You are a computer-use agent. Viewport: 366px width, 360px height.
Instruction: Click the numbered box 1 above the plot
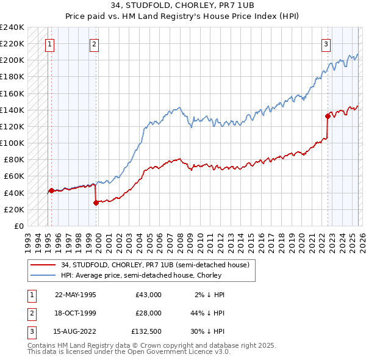tap(49, 43)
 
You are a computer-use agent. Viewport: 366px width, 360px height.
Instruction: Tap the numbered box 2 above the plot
tap(95, 43)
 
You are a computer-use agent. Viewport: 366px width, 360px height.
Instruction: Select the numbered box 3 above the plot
tap(326, 43)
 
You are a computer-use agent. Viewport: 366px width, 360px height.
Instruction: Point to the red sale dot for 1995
tap(51, 190)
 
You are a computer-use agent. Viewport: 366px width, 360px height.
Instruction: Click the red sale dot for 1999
tap(96, 203)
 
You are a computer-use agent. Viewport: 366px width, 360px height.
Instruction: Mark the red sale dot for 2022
tap(328, 116)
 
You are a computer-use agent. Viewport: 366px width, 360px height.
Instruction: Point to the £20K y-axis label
tap(14, 209)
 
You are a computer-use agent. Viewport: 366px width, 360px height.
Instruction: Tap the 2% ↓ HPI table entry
tap(210, 295)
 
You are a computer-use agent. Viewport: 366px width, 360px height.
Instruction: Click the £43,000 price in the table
tap(148, 295)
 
